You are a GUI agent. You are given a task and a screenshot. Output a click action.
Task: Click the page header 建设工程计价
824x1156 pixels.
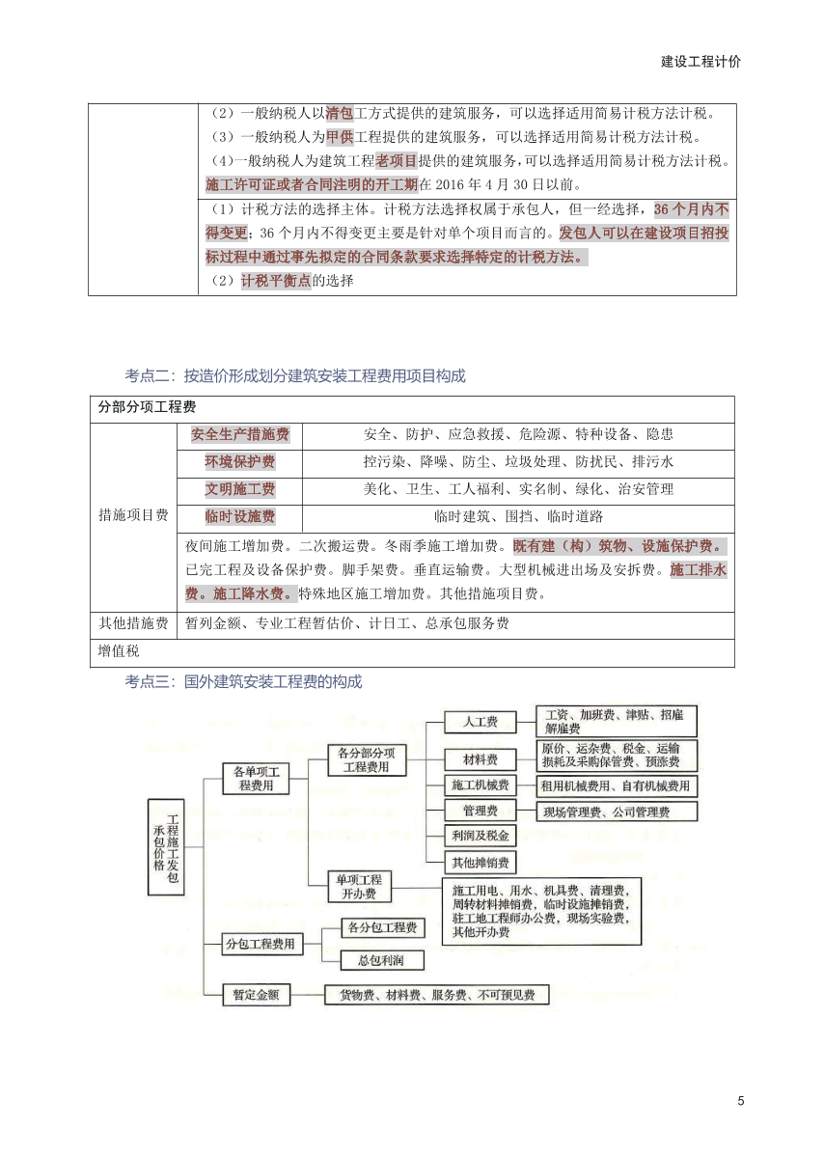700,61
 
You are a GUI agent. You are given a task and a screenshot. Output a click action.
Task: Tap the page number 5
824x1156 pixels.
740,1101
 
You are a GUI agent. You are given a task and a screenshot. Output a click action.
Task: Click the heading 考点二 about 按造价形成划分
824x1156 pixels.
295,376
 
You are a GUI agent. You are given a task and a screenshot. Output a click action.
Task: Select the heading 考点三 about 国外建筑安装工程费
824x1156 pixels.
243,682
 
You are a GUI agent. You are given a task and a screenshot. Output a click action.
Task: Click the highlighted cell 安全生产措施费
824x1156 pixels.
240,435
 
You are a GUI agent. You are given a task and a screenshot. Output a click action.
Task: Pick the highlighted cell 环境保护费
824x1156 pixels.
240,462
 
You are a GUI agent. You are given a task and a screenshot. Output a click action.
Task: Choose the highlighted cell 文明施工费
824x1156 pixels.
240,489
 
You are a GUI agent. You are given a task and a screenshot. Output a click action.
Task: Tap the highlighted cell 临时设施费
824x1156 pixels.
240,516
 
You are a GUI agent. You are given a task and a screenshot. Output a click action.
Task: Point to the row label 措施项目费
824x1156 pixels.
133,515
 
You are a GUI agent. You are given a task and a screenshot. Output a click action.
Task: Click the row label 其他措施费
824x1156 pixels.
133,623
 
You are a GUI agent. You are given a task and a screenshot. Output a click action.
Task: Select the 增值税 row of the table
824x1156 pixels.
120,652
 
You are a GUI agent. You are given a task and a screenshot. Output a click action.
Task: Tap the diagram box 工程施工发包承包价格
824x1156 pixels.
165,846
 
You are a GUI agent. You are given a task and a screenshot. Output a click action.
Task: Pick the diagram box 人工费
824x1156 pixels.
480,722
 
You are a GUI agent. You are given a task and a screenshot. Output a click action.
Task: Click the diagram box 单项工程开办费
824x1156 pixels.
358,886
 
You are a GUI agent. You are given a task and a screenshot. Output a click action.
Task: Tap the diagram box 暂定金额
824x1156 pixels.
256,994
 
